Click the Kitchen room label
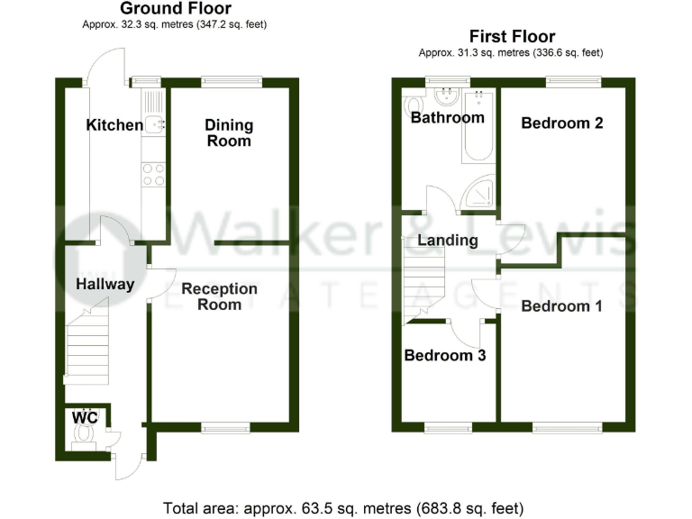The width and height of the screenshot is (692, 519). click(114, 125)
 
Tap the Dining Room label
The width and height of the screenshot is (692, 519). click(229, 132)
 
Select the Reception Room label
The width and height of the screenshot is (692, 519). click(219, 296)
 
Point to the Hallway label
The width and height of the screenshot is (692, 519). click(105, 285)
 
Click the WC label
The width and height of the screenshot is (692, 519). click(85, 418)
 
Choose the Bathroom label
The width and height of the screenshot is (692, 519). click(447, 117)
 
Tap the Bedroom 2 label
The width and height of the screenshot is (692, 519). click(561, 123)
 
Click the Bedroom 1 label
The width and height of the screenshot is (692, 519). click(561, 306)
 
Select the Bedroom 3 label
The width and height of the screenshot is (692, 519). click(445, 355)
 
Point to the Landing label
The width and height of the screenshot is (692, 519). click(447, 241)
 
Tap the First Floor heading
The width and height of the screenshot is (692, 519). click(510, 37)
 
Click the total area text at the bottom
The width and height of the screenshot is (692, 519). click(343, 507)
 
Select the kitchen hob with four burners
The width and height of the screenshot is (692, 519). click(153, 174)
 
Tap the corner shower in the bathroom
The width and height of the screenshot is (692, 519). click(478, 192)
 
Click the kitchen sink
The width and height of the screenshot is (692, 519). click(154, 123)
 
